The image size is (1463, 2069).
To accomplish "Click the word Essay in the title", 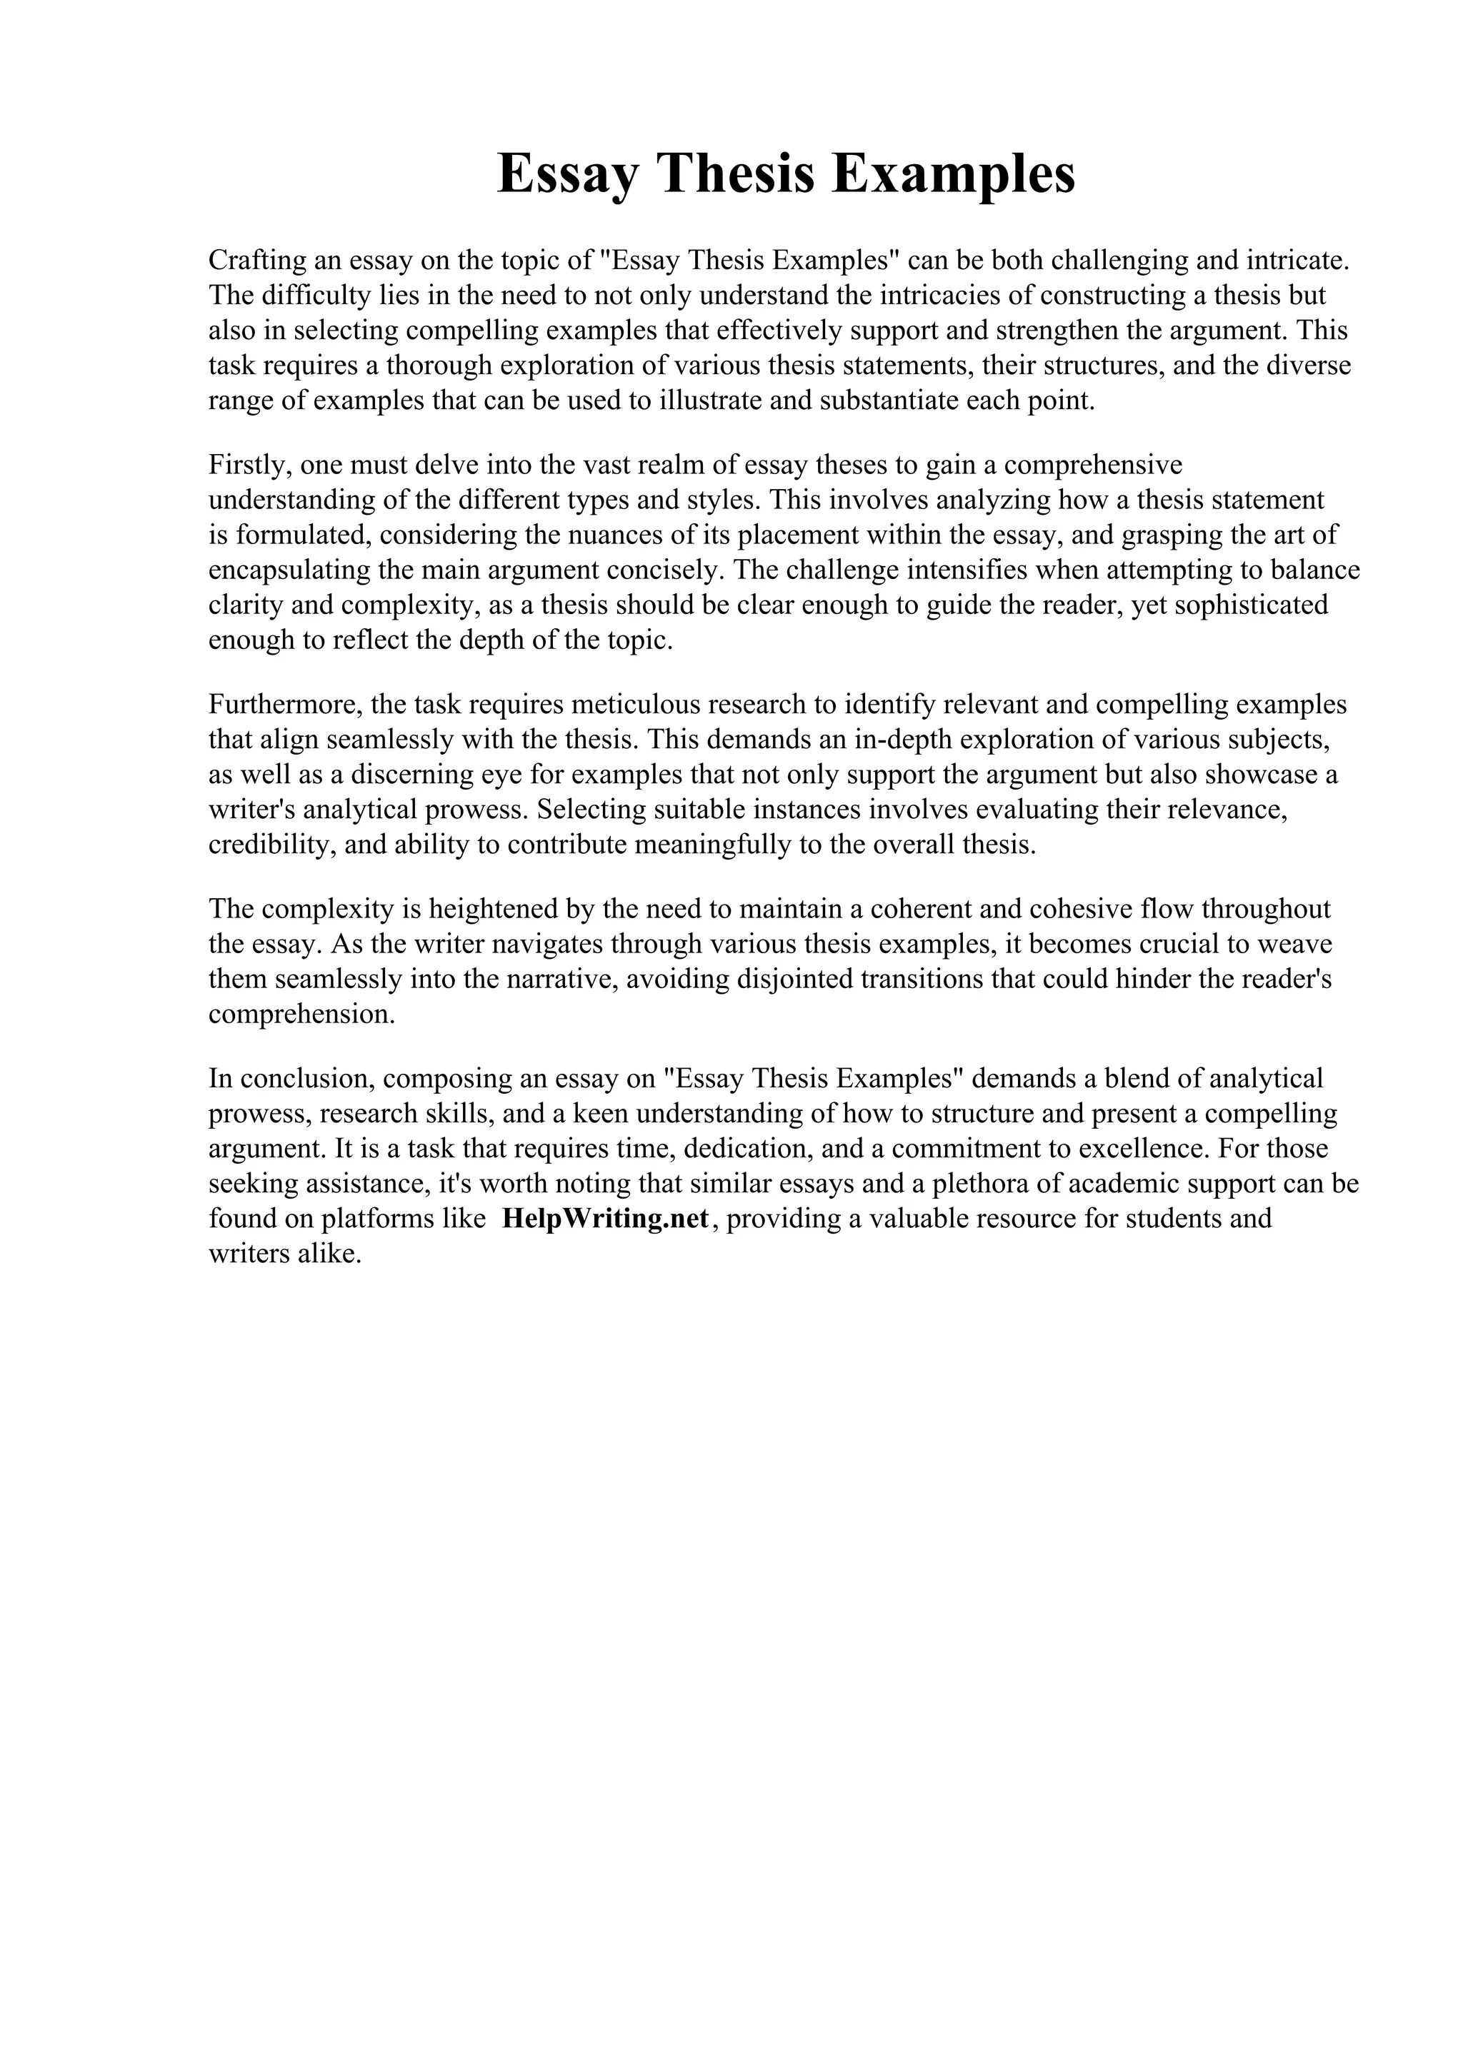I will coord(566,174).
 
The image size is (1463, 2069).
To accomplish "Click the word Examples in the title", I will coord(953,174).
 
